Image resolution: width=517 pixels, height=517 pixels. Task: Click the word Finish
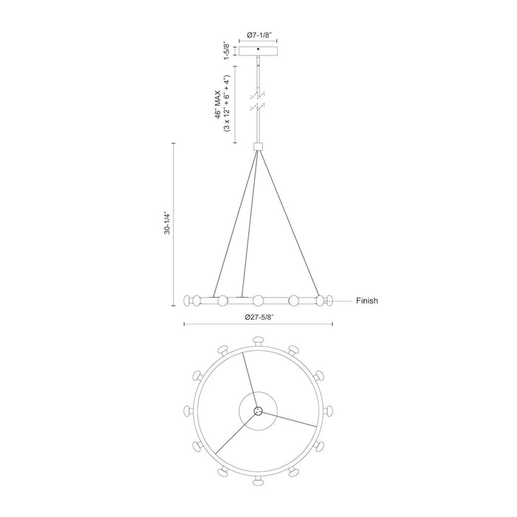click(x=367, y=301)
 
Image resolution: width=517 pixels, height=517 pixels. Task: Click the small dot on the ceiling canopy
click(x=257, y=49)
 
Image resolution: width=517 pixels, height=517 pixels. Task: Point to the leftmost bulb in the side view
click(x=188, y=301)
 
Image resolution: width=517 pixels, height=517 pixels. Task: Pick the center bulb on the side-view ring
click(x=257, y=301)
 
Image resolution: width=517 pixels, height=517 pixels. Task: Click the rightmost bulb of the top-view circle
click(x=329, y=411)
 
